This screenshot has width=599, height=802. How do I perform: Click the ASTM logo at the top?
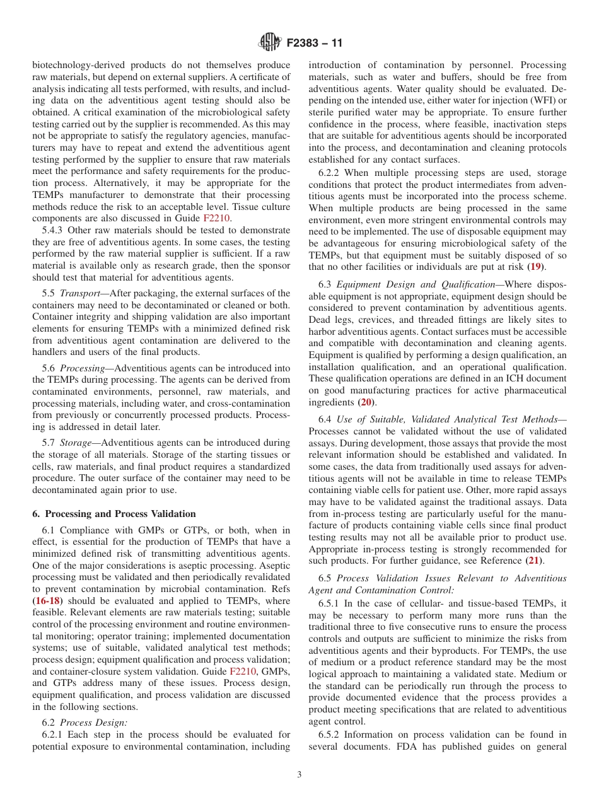(x=270, y=44)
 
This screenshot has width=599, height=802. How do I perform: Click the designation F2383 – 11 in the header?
(x=314, y=44)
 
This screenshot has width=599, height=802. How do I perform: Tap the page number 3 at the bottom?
(x=299, y=774)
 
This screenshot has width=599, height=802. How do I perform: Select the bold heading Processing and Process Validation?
(x=113, y=514)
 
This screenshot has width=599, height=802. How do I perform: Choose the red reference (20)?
(x=365, y=402)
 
